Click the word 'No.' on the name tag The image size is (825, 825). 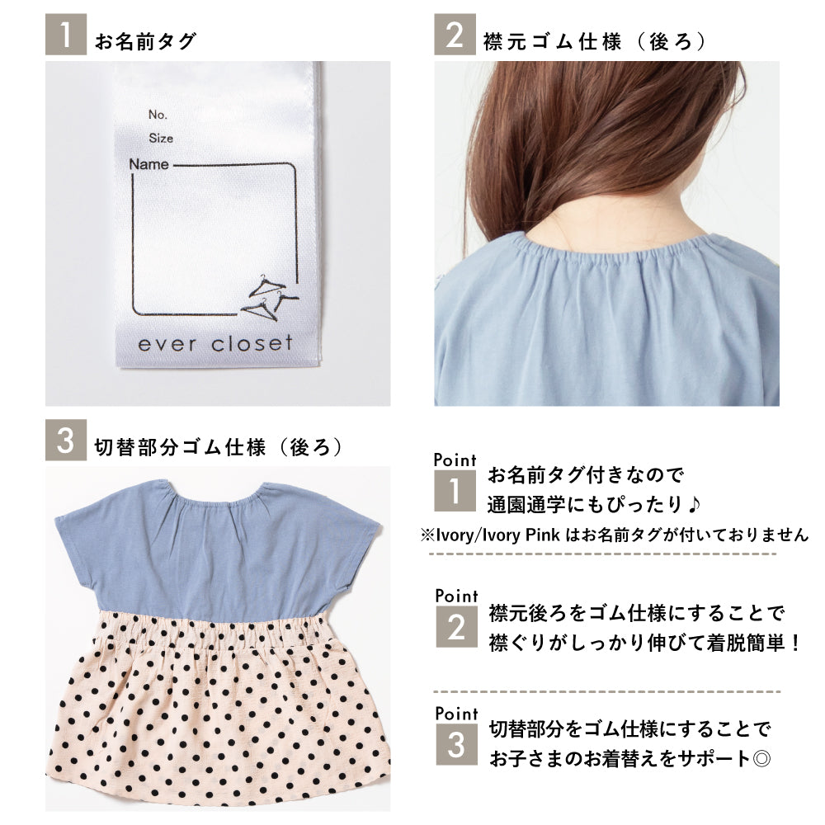point(158,114)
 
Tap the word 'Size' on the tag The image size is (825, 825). point(161,138)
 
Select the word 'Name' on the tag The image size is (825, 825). point(148,164)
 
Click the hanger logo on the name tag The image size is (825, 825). point(269,298)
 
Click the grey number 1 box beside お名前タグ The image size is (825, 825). point(66,34)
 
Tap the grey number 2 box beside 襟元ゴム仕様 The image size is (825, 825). point(455,34)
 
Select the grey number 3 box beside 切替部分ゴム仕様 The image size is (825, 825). point(66,440)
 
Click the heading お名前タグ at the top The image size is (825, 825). point(146,41)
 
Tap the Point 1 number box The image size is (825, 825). point(455,490)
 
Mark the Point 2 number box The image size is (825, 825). point(457,627)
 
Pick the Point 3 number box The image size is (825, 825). point(457,744)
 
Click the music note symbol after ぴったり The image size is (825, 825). point(694,504)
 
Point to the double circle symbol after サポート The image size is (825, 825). point(761,759)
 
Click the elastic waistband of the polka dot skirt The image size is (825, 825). point(217,631)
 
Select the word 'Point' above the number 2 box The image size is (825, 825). point(457,596)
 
